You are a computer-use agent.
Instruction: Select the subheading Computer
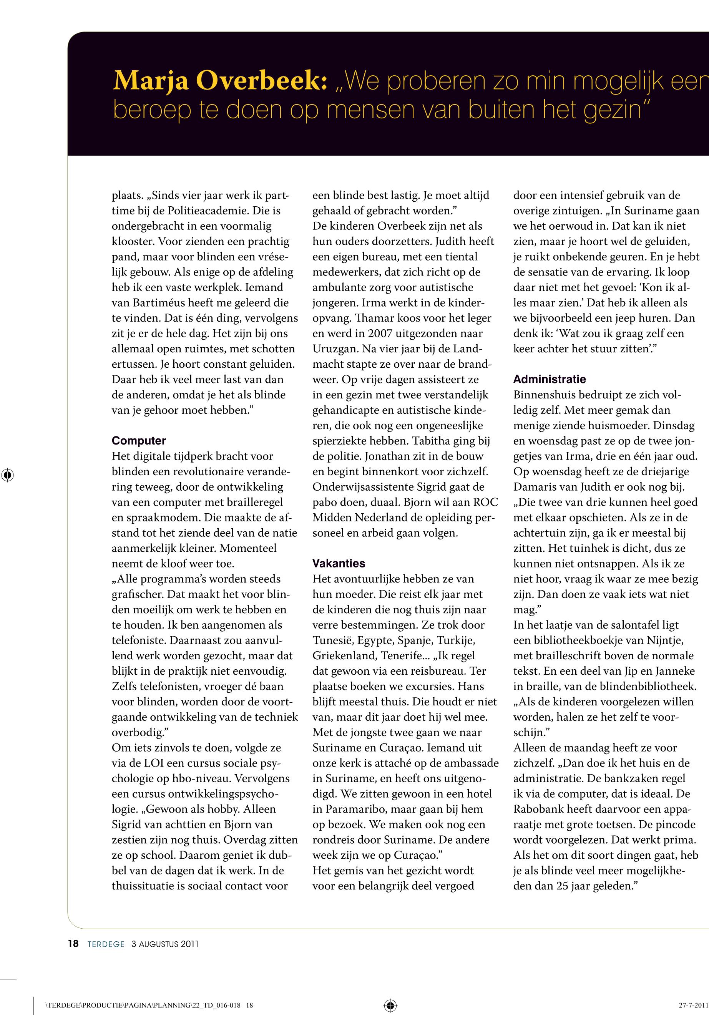point(139,441)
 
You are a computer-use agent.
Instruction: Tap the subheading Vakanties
point(339,563)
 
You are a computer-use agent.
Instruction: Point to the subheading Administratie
point(550,379)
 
